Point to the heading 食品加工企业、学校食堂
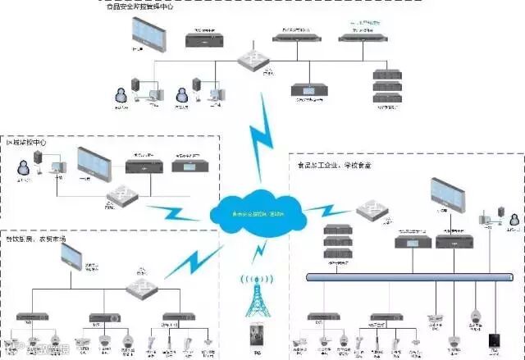coord(334,164)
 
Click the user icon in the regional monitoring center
coord(25,167)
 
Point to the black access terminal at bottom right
coord(494,339)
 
